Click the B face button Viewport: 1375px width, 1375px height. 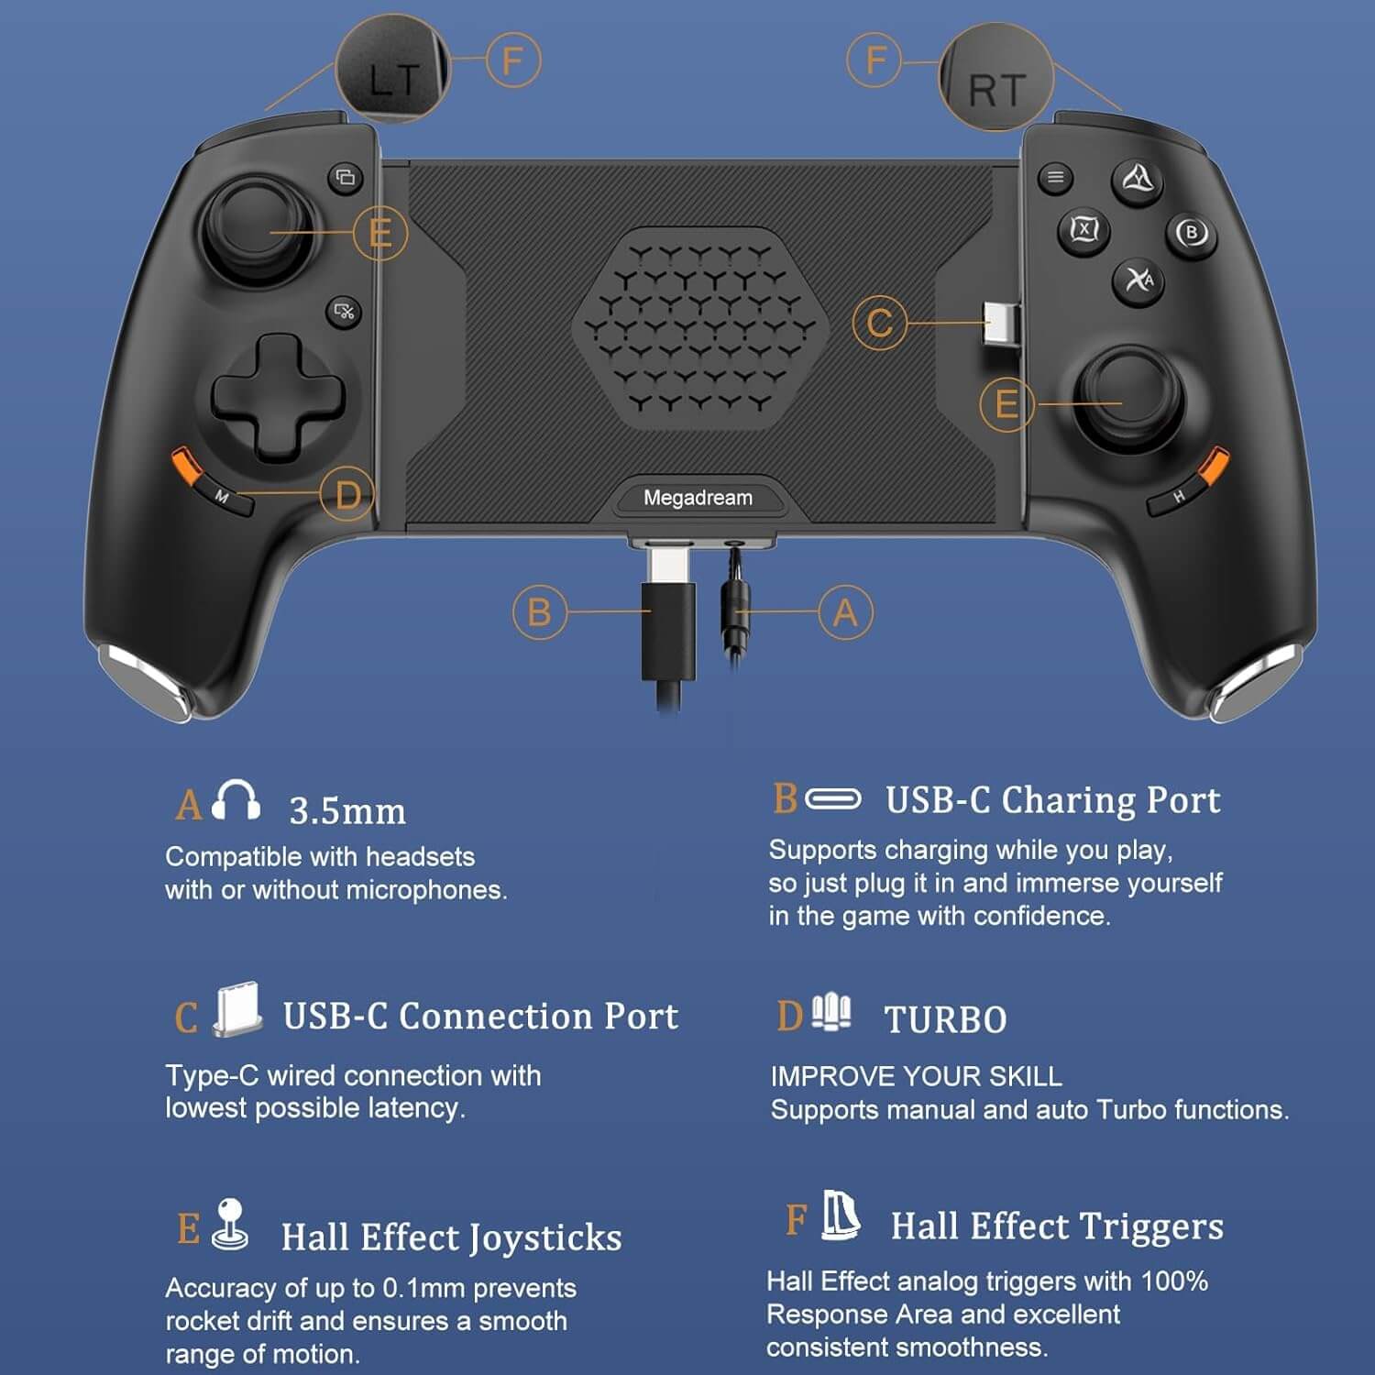coord(1191,233)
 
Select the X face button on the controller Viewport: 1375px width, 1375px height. coord(1084,229)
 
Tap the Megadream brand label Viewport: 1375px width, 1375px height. coord(698,498)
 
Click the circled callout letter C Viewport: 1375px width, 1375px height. coord(879,323)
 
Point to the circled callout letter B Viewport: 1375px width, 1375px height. coord(539,611)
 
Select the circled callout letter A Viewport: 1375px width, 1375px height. coord(845,611)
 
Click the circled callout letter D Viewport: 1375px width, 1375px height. coord(347,495)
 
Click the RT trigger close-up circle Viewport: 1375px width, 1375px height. coord(997,78)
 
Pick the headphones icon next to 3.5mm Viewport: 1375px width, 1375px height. coord(236,800)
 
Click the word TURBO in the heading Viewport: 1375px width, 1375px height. coord(945,1019)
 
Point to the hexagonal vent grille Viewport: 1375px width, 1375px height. coord(700,328)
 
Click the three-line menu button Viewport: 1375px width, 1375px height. coord(1055,177)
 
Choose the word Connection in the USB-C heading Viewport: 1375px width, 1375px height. coord(495,1016)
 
